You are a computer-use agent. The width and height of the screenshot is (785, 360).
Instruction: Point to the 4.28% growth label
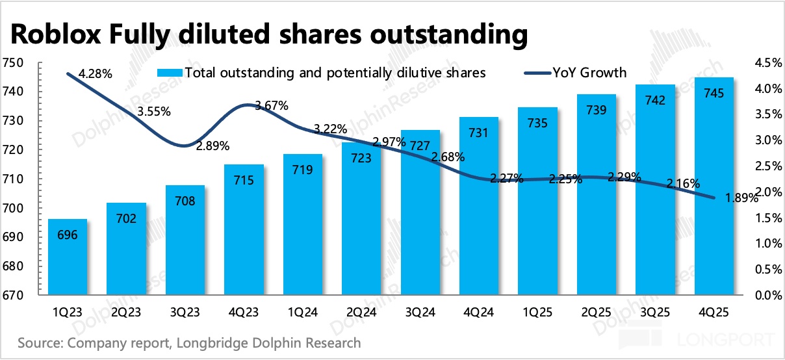pyautogui.click(x=96, y=75)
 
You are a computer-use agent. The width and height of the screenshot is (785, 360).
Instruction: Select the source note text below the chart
pyautogui.click(x=189, y=342)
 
